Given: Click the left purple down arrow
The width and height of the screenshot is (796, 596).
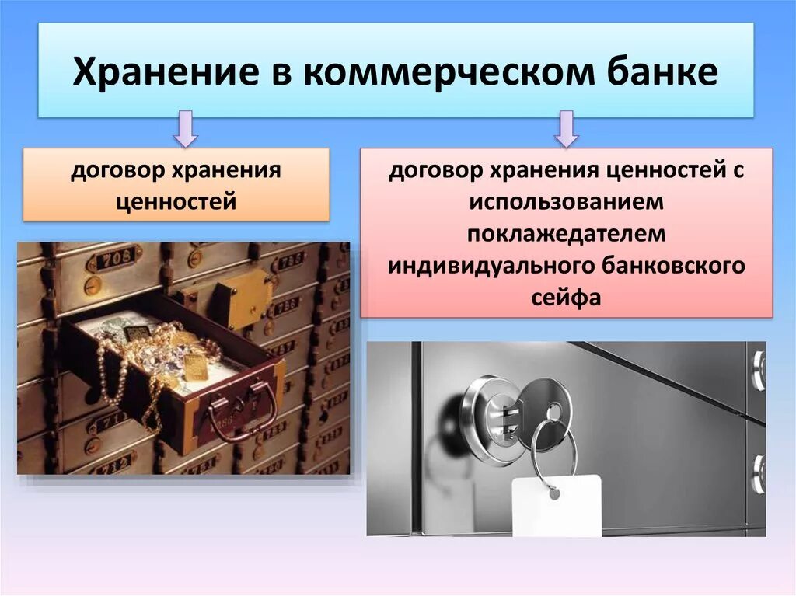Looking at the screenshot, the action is pos(185,128).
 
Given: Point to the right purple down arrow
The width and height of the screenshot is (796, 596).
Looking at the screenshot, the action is pos(566,128).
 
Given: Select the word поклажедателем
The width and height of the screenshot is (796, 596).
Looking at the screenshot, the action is pos(566,234).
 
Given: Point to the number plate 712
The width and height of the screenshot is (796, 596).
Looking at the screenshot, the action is pos(113,465).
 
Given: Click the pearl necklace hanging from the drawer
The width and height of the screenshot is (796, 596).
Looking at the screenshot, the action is pos(117,381).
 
